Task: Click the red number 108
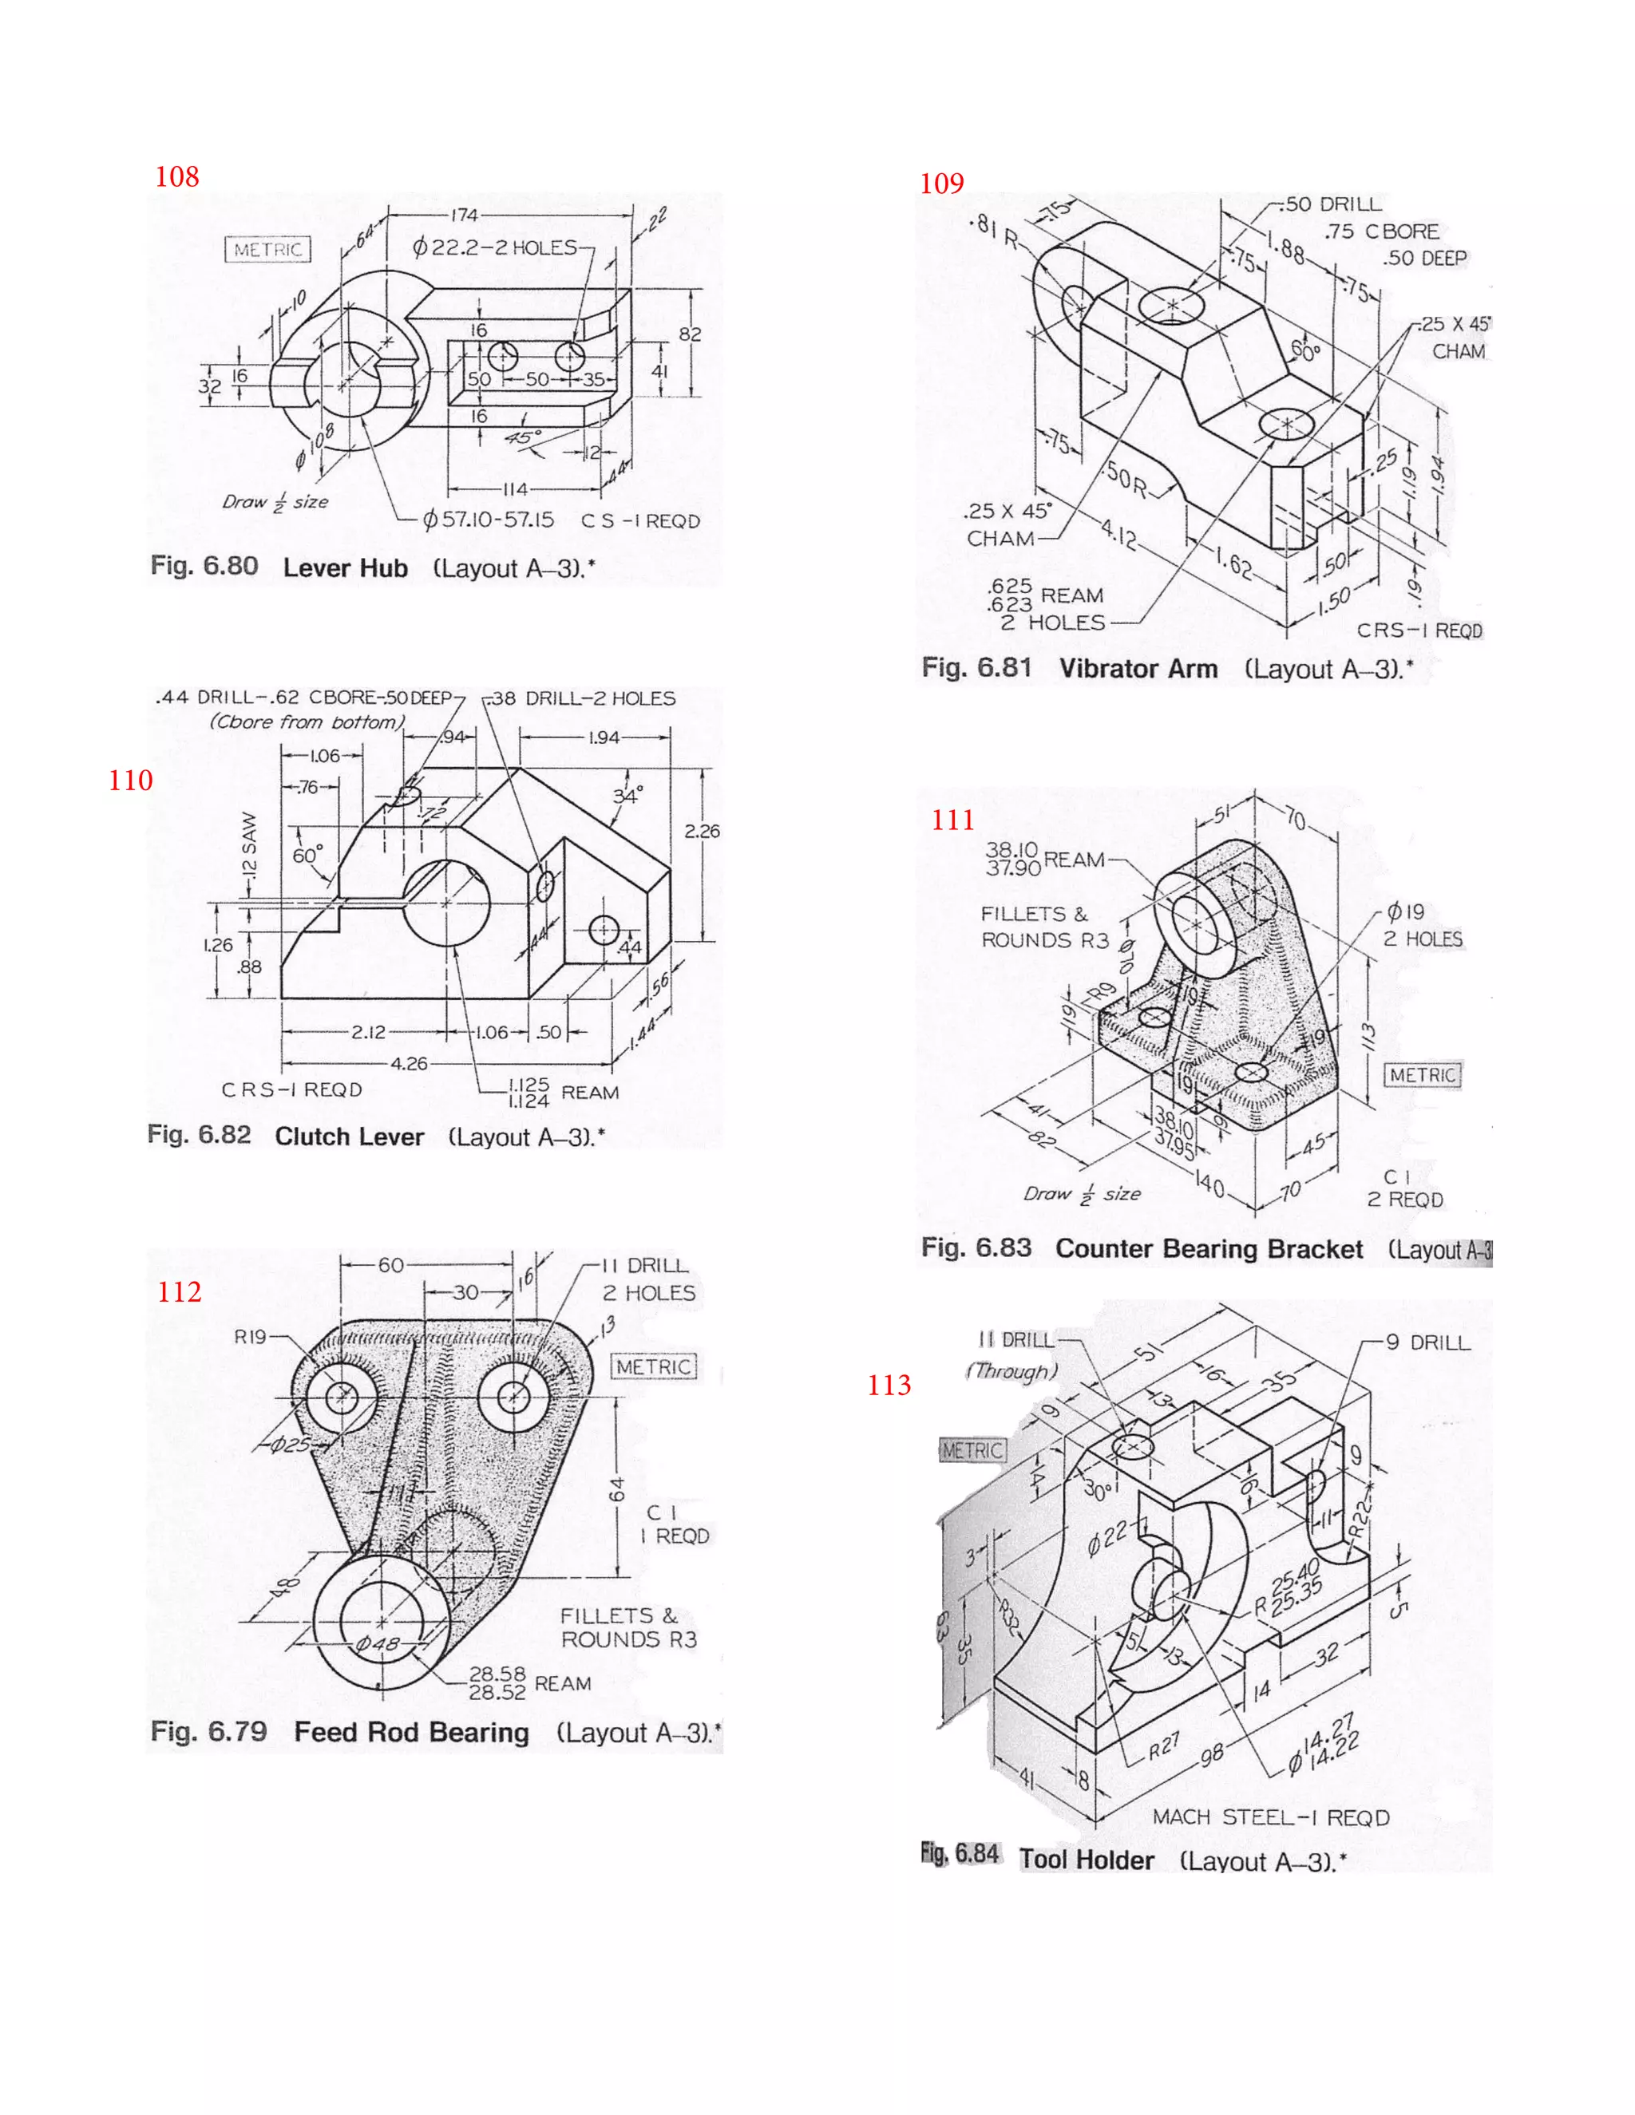(x=177, y=176)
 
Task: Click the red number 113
(x=889, y=1385)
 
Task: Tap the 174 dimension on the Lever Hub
(x=464, y=215)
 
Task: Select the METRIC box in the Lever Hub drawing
(x=268, y=250)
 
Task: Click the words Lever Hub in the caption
(x=345, y=568)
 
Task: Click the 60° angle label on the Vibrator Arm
(x=1305, y=350)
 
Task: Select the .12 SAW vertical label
(x=250, y=845)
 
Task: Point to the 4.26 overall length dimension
(x=409, y=1063)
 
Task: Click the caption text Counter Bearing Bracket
(x=1208, y=1249)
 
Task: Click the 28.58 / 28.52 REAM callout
(x=528, y=1683)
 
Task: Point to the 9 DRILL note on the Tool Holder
(x=1427, y=1342)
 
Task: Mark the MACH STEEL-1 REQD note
(x=1270, y=1817)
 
